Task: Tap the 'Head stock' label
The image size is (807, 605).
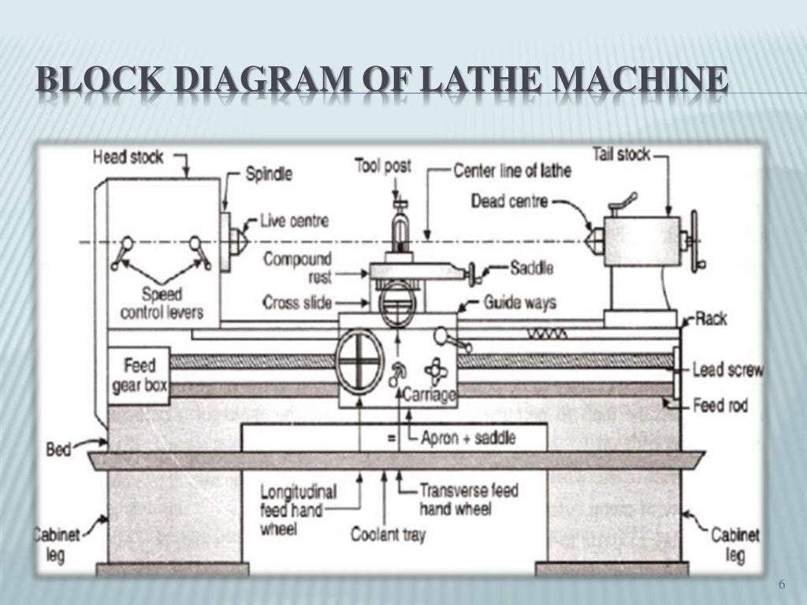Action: click(128, 158)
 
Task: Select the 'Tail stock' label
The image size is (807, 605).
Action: click(621, 154)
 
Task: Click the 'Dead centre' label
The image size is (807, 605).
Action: click(508, 201)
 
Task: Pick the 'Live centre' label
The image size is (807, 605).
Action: click(294, 221)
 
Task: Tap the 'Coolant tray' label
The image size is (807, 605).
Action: click(388, 535)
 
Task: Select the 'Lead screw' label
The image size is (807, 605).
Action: click(725, 369)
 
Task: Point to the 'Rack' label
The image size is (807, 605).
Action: click(711, 320)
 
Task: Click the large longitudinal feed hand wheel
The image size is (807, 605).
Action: click(359, 362)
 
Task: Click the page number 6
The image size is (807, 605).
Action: click(782, 585)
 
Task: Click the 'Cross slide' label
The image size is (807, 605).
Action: click(297, 302)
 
